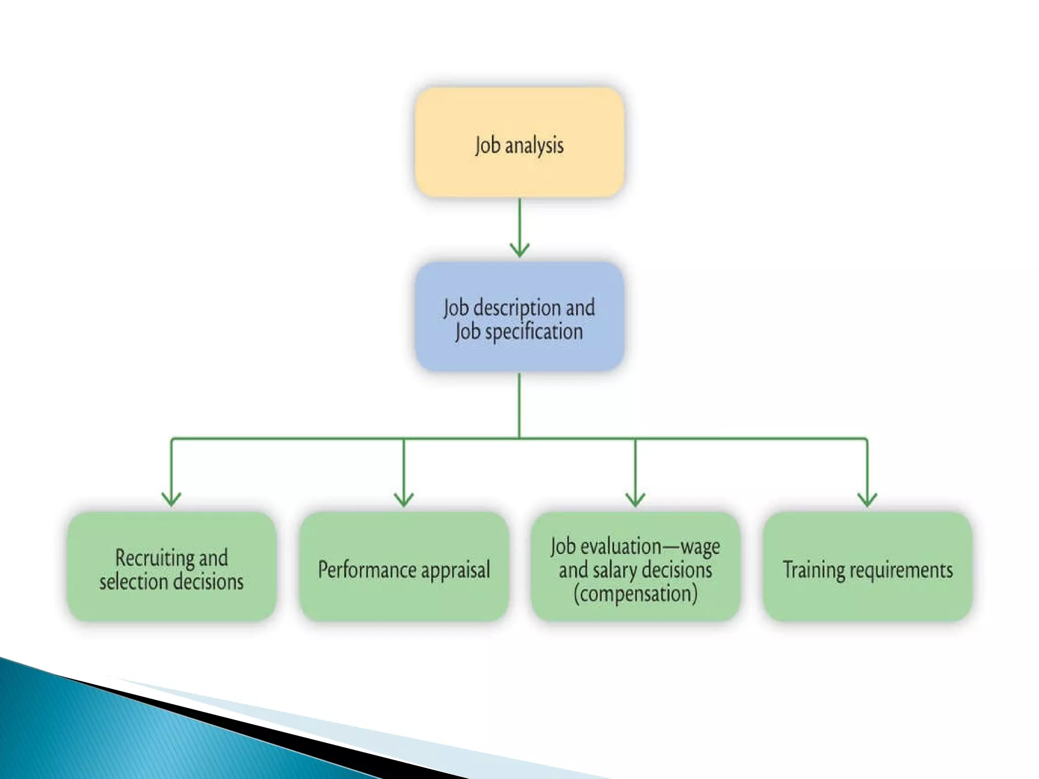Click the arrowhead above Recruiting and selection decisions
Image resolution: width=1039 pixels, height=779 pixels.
(171, 499)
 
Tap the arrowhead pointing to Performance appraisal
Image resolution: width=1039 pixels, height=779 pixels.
(404, 499)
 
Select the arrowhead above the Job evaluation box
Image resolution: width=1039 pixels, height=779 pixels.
(635, 499)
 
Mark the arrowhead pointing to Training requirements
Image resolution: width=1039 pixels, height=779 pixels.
(868, 499)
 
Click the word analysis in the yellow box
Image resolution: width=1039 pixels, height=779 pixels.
(534, 146)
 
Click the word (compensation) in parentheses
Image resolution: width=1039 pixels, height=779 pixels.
(635, 594)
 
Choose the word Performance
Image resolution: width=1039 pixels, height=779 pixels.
(366, 570)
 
